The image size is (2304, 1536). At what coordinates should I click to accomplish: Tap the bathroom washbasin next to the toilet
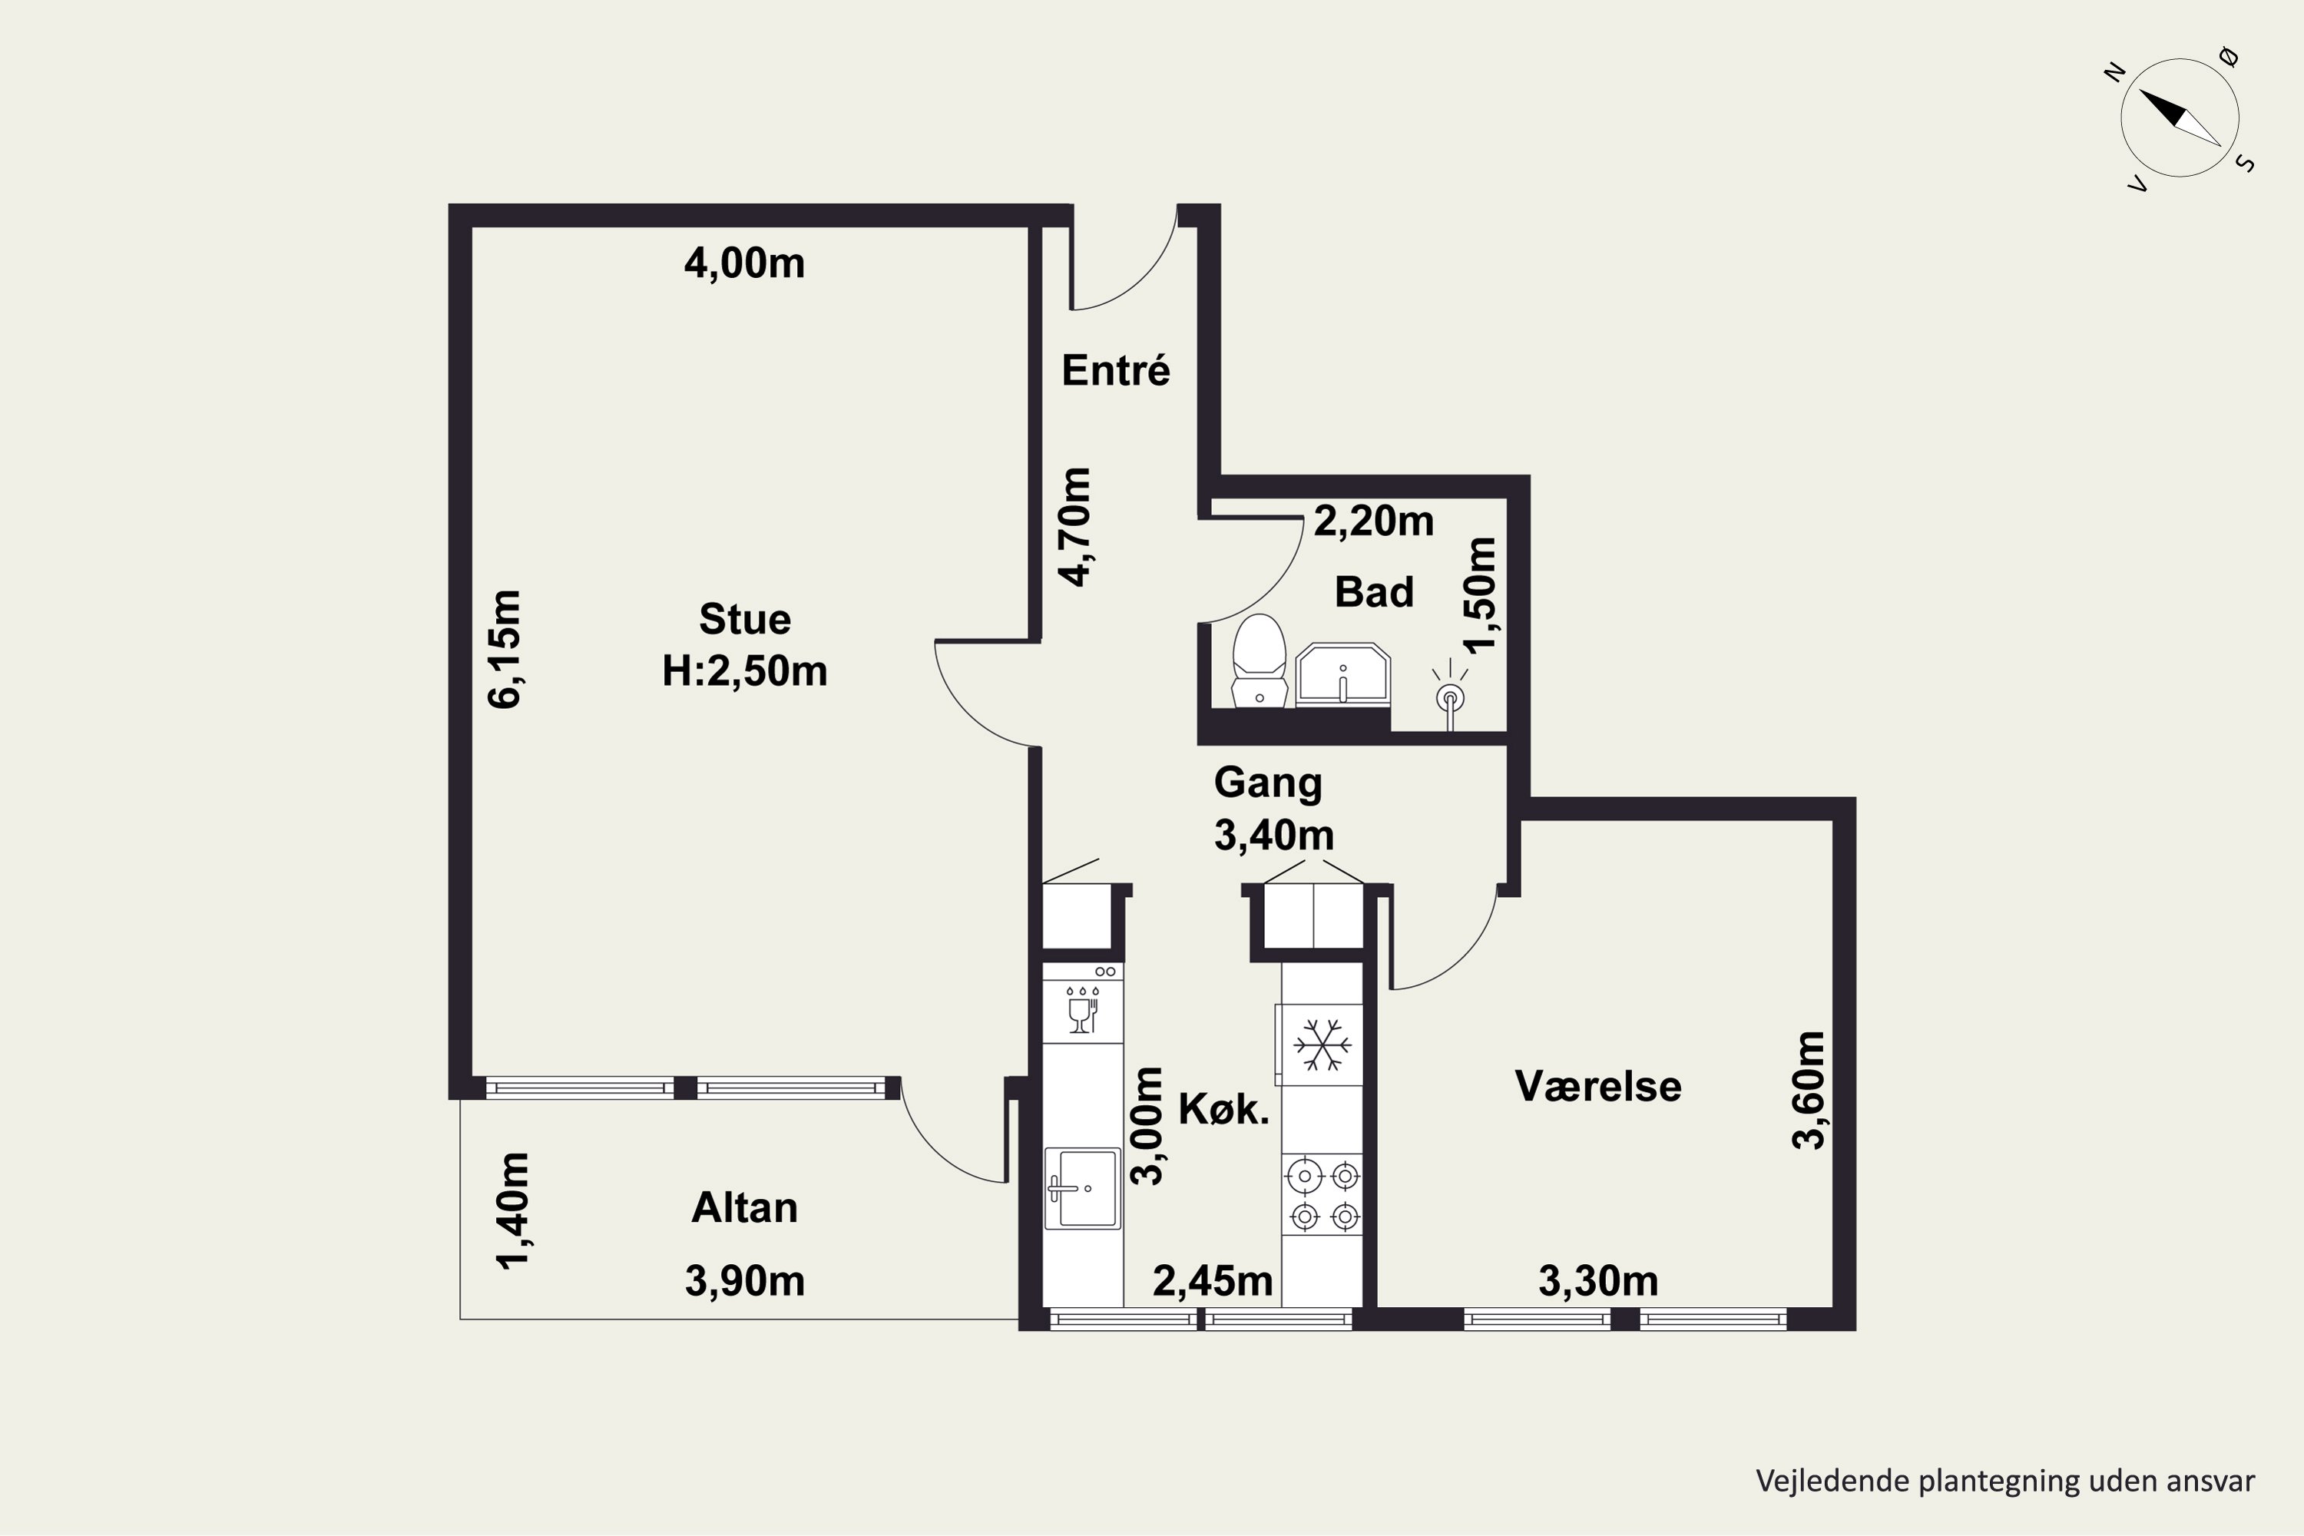point(1343,675)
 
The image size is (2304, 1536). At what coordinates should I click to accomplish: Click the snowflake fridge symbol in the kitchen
point(1322,1044)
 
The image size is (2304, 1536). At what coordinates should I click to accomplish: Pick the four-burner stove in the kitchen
point(1323,1195)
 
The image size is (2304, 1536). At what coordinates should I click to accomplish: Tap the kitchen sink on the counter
point(1082,1188)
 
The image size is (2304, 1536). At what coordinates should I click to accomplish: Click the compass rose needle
point(2180,118)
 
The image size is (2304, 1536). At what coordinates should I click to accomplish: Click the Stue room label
point(744,619)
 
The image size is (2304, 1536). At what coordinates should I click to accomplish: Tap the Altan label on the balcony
point(744,1208)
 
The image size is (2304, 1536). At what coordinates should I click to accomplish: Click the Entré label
point(1116,370)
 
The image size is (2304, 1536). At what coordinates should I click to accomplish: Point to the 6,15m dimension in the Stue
point(505,648)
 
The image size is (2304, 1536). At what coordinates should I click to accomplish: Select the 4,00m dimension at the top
point(744,263)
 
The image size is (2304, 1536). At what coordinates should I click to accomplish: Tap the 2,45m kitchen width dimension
point(1213,1280)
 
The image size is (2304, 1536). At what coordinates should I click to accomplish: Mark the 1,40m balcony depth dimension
point(512,1212)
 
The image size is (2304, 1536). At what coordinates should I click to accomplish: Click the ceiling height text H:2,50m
point(744,672)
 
